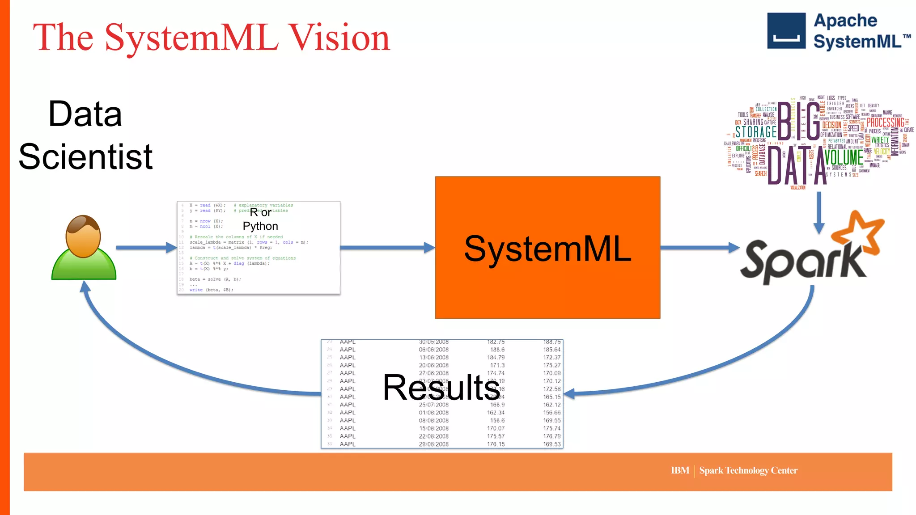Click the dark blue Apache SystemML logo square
(786, 31)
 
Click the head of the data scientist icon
(83, 236)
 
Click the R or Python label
(260, 219)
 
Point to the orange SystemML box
(547, 286)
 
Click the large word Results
(441, 388)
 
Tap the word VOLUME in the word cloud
(844, 157)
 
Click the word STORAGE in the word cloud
(756, 132)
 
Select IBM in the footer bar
(679, 470)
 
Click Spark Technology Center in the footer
(748, 470)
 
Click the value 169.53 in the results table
(551, 444)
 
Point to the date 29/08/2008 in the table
(433, 444)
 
